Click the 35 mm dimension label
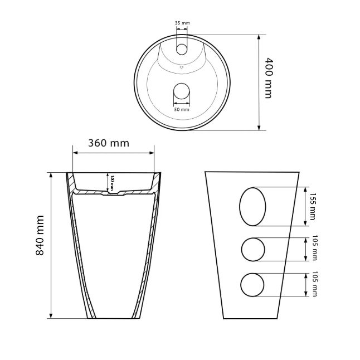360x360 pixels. click(x=182, y=23)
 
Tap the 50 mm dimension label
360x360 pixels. click(x=182, y=110)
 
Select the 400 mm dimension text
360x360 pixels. click(x=269, y=78)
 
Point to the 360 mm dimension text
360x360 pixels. click(x=109, y=143)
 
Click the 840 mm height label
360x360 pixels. click(x=40, y=235)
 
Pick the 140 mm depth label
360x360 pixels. click(x=112, y=183)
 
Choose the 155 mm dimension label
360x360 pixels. click(x=312, y=206)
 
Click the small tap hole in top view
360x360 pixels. click(x=182, y=50)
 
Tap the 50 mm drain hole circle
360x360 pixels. click(x=182, y=91)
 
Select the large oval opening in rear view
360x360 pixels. click(x=252, y=207)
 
